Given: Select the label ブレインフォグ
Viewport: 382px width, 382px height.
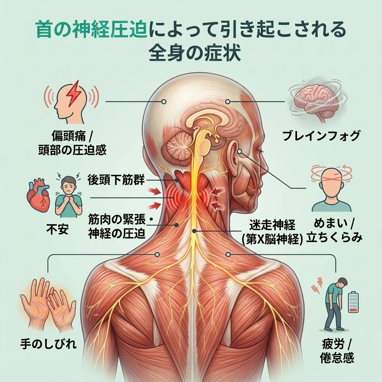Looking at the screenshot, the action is [x=321, y=135].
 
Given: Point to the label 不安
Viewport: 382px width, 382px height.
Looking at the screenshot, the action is [x=57, y=229].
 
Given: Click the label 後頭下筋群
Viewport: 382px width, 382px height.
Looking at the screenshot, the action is [x=116, y=180].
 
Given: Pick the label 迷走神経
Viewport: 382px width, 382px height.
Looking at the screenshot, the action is [x=272, y=225].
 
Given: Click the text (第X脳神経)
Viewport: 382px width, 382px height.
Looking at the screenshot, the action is [x=272, y=240].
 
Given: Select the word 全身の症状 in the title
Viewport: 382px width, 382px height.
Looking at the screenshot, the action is [x=195, y=53].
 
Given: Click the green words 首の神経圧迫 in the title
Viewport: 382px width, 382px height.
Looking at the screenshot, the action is [x=92, y=29].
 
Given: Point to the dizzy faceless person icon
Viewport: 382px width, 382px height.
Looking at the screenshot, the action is [x=332, y=188].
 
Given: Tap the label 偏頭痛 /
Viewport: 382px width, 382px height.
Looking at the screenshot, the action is [x=72, y=135].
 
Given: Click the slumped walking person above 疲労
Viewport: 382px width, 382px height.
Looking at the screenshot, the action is [x=334, y=304].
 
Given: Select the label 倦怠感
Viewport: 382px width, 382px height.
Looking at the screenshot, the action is [x=337, y=358].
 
